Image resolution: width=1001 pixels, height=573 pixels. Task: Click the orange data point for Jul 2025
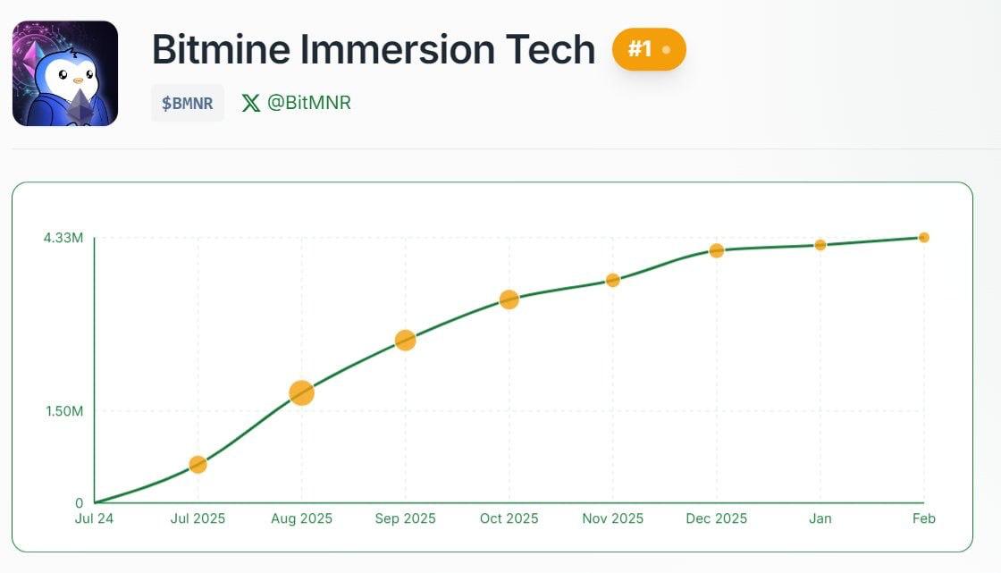point(198,464)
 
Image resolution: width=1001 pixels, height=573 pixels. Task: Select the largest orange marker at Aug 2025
point(301,392)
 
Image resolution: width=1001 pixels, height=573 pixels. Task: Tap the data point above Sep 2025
point(405,340)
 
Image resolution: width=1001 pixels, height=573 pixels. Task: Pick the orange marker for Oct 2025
point(509,299)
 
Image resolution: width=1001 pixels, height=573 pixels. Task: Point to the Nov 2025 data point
point(612,280)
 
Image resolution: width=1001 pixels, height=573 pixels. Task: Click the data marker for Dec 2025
point(716,250)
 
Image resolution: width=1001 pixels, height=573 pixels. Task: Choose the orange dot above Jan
point(820,245)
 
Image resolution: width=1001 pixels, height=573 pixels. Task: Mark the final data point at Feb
point(923,237)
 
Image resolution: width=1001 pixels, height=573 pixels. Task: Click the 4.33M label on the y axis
point(63,238)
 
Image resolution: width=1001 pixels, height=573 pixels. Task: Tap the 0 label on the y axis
point(79,503)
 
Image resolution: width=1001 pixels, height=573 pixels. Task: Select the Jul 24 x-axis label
point(94,518)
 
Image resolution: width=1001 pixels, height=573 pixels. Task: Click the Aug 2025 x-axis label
point(301,518)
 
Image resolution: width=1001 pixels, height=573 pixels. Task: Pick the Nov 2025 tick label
point(612,518)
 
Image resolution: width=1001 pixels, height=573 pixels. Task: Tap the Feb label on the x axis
point(923,518)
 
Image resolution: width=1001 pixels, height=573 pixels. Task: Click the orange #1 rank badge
point(648,49)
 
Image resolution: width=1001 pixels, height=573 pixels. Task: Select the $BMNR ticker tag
point(188,103)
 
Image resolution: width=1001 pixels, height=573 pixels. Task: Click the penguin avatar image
point(65,73)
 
